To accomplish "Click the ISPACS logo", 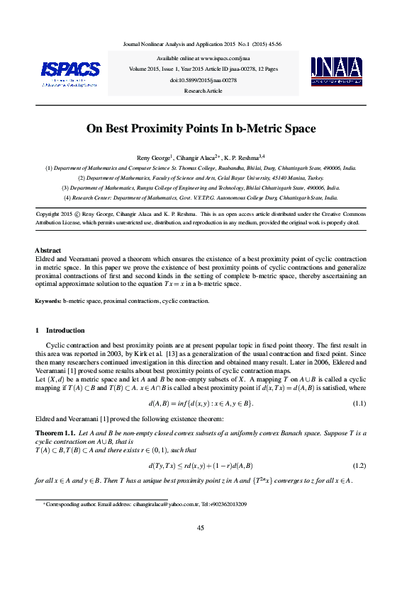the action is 70,71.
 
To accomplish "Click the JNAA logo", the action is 337,71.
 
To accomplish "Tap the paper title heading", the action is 201,129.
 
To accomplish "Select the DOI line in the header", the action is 203,81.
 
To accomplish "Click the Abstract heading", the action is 48,251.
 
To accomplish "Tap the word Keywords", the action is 48,301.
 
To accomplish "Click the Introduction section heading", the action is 65,331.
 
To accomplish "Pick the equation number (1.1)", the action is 359,403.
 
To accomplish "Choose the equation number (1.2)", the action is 359,465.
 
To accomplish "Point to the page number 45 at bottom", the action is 201,528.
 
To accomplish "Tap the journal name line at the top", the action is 203,43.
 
